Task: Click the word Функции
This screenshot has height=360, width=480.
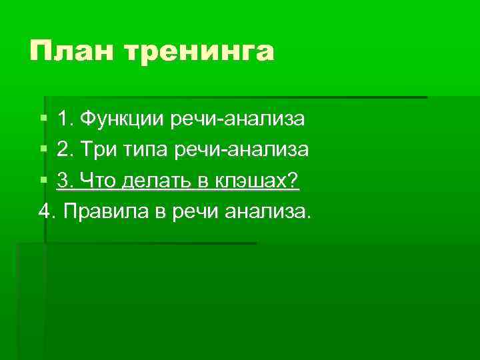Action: [122, 119]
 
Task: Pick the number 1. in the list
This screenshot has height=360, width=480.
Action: [65, 119]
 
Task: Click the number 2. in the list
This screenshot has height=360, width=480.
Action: [65, 150]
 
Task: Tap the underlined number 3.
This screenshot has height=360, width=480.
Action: [65, 181]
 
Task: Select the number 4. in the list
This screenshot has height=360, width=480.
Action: [47, 211]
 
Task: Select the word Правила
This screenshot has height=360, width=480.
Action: [102, 211]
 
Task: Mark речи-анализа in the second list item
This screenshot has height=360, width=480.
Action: [241, 150]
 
